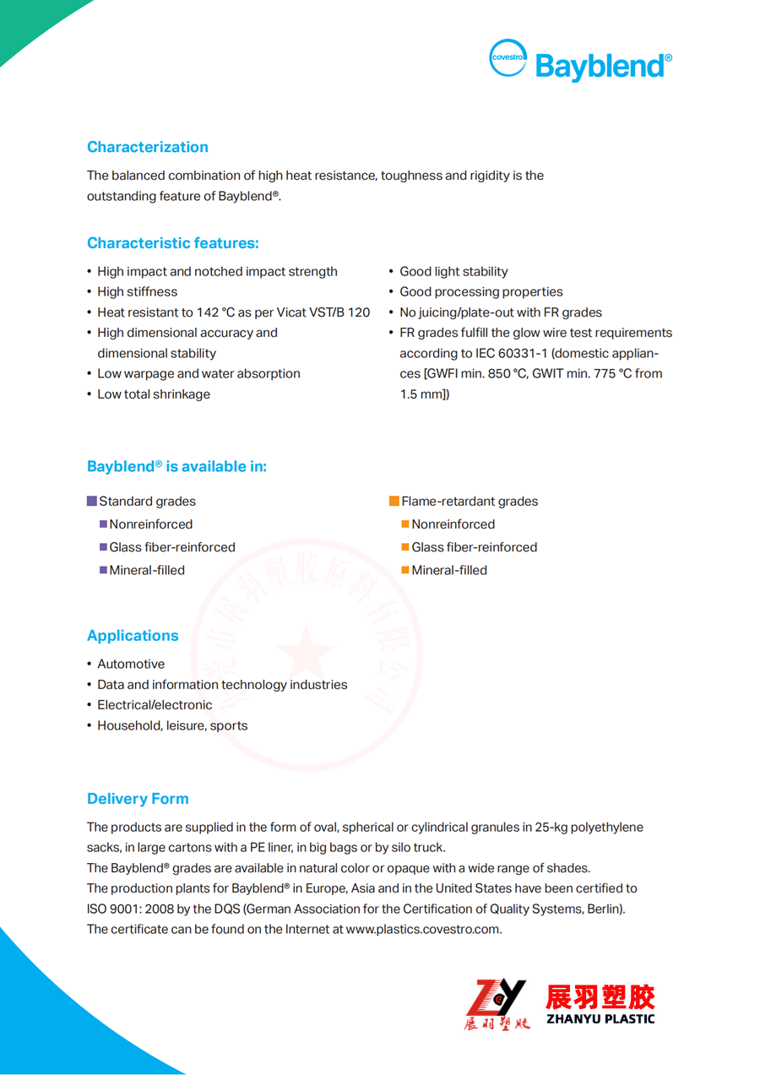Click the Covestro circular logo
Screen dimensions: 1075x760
[508, 58]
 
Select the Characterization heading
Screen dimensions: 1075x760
[147, 147]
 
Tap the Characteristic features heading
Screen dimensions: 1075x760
[172, 243]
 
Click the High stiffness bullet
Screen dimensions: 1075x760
[137, 292]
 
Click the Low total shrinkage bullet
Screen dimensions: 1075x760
[154, 394]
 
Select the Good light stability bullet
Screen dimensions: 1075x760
[453, 272]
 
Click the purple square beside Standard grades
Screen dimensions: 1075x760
[92, 502]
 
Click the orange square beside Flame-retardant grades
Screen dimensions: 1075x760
[394, 502]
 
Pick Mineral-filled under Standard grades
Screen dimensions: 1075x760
[146, 571]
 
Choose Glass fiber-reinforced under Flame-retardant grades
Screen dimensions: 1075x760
[474, 548]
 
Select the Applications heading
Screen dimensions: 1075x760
[133, 636]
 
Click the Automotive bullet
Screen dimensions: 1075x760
[131, 665]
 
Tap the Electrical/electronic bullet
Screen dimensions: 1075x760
[155, 705]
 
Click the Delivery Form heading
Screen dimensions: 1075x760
[138, 799]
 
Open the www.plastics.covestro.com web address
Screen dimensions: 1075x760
[423, 930]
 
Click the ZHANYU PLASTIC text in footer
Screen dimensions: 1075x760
[600, 1018]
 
